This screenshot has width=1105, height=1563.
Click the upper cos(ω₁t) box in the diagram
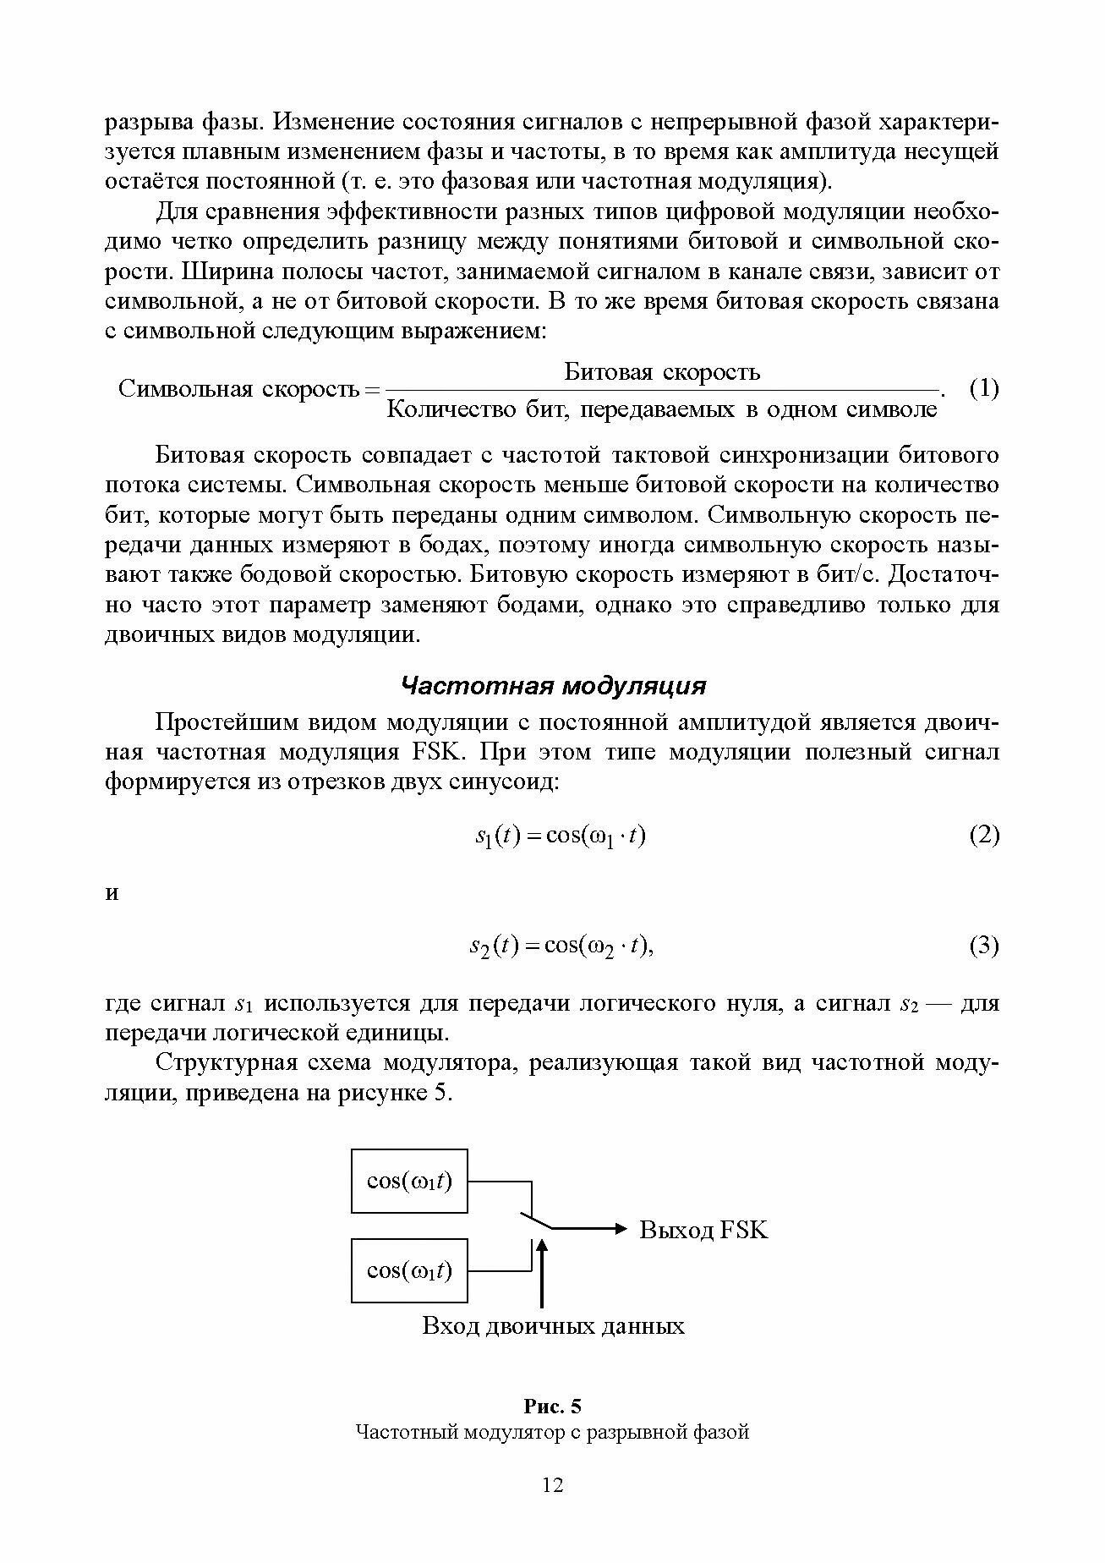[409, 1181]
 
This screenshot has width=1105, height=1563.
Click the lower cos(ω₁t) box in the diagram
[409, 1270]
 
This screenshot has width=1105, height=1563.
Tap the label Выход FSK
[703, 1229]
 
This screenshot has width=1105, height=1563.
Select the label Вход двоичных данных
[553, 1325]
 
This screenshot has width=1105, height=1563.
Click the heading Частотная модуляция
[552, 685]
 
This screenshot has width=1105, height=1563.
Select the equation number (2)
[983, 836]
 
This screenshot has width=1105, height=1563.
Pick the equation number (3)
[983, 945]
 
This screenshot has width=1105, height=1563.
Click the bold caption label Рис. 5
[552, 1407]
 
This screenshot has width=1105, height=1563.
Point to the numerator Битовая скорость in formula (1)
[662, 372]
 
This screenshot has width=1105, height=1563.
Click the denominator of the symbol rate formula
[662, 410]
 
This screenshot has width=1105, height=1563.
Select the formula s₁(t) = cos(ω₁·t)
[560, 836]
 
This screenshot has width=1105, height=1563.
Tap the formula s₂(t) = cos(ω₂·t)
[562, 946]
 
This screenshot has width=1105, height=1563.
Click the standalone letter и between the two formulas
[112, 894]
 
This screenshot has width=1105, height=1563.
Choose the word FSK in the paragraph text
[433, 753]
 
